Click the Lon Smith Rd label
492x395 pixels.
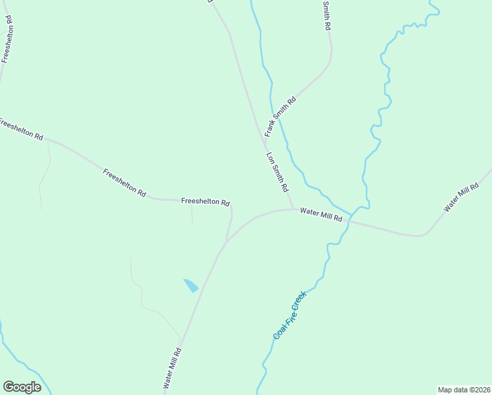278,172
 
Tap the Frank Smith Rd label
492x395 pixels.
281,117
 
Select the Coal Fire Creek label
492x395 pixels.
290,316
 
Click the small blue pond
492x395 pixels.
191,286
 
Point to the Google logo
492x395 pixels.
22,387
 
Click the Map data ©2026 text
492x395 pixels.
464,389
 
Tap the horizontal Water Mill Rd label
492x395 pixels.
322,215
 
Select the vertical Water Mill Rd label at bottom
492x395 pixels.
172,367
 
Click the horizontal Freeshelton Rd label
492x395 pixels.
205,201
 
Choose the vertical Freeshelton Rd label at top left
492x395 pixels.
7,39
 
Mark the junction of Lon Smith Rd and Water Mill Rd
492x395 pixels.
293,209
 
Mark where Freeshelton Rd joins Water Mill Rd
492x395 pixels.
226,242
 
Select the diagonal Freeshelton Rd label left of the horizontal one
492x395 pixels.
124,182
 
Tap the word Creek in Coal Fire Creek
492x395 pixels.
299,302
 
